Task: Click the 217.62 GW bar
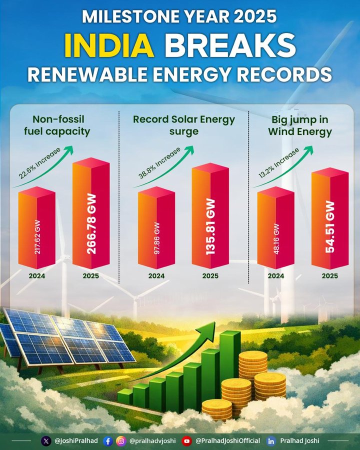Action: (x=37, y=230)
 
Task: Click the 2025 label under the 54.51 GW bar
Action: (x=330, y=275)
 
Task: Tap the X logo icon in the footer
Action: (x=46, y=441)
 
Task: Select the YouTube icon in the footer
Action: (x=187, y=441)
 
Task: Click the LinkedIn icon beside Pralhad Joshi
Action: (x=271, y=441)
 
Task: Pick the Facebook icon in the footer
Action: (x=108, y=441)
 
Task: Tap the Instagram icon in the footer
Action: (x=121, y=441)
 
